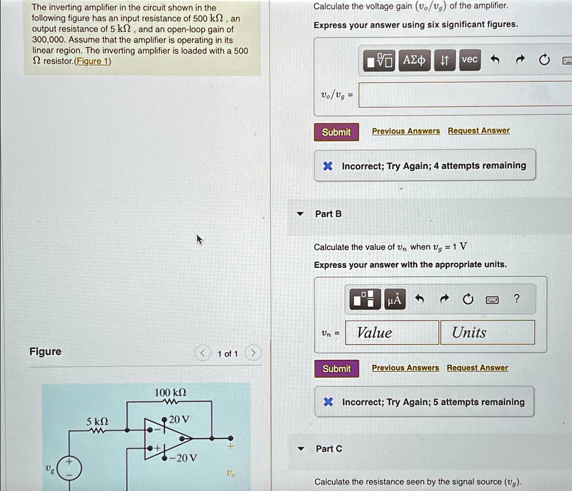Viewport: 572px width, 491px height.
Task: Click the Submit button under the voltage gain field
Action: pos(336,132)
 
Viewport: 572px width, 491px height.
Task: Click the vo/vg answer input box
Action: pos(465,95)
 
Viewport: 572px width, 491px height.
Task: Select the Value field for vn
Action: pos(392,333)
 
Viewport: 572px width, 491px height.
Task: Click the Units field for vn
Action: pos(488,333)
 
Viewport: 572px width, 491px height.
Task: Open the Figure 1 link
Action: pos(93,61)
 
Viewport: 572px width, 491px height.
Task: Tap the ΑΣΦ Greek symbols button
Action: pos(414,60)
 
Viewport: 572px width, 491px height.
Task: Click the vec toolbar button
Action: pos(469,60)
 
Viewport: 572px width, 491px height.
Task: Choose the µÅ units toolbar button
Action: pos(395,300)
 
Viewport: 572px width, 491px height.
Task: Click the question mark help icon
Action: pos(516,299)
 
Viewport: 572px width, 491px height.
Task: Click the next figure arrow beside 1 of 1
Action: pos(253,353)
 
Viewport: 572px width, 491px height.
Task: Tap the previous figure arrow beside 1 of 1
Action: pos(203,353)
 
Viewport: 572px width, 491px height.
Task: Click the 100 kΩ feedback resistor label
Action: pos(170,393)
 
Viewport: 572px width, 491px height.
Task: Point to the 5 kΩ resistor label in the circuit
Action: pos(97,422)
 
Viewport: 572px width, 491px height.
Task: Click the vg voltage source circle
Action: pos(69,468)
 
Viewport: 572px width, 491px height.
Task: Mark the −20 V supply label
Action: pos(183,458)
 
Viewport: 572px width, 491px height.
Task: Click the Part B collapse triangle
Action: pos(300,214)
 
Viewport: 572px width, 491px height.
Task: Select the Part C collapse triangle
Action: pos(301,449)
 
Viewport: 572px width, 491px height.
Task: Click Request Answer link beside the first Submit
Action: pos(479,131)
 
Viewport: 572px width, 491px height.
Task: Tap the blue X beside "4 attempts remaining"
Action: pos(327,166)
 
